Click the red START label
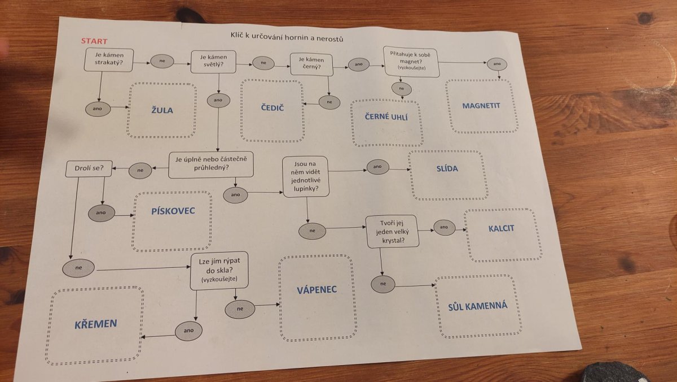(94, 41)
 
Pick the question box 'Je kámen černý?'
(311, 63)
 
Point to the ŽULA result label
(162, 110)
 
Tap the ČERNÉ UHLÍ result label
(386, 117)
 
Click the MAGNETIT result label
(481, 105)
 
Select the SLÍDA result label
(447, 168)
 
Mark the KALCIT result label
(502, 228)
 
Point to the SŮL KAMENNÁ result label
(477, 306)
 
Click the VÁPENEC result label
(316, 289)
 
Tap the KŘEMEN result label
(95, 324)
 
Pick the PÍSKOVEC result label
(173, 211)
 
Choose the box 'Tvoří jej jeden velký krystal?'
(392, 231)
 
